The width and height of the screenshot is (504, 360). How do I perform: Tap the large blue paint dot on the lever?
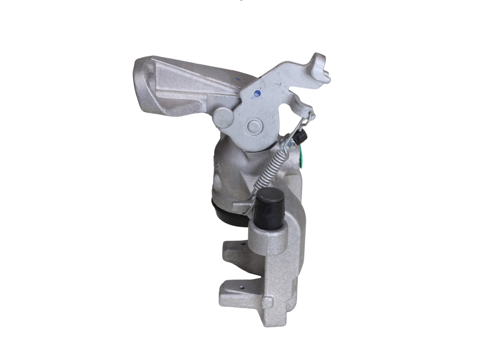257,93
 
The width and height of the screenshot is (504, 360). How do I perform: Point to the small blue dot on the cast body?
238,79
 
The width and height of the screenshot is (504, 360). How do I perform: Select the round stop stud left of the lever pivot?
223,117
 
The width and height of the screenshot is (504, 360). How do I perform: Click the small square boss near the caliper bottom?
267,302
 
